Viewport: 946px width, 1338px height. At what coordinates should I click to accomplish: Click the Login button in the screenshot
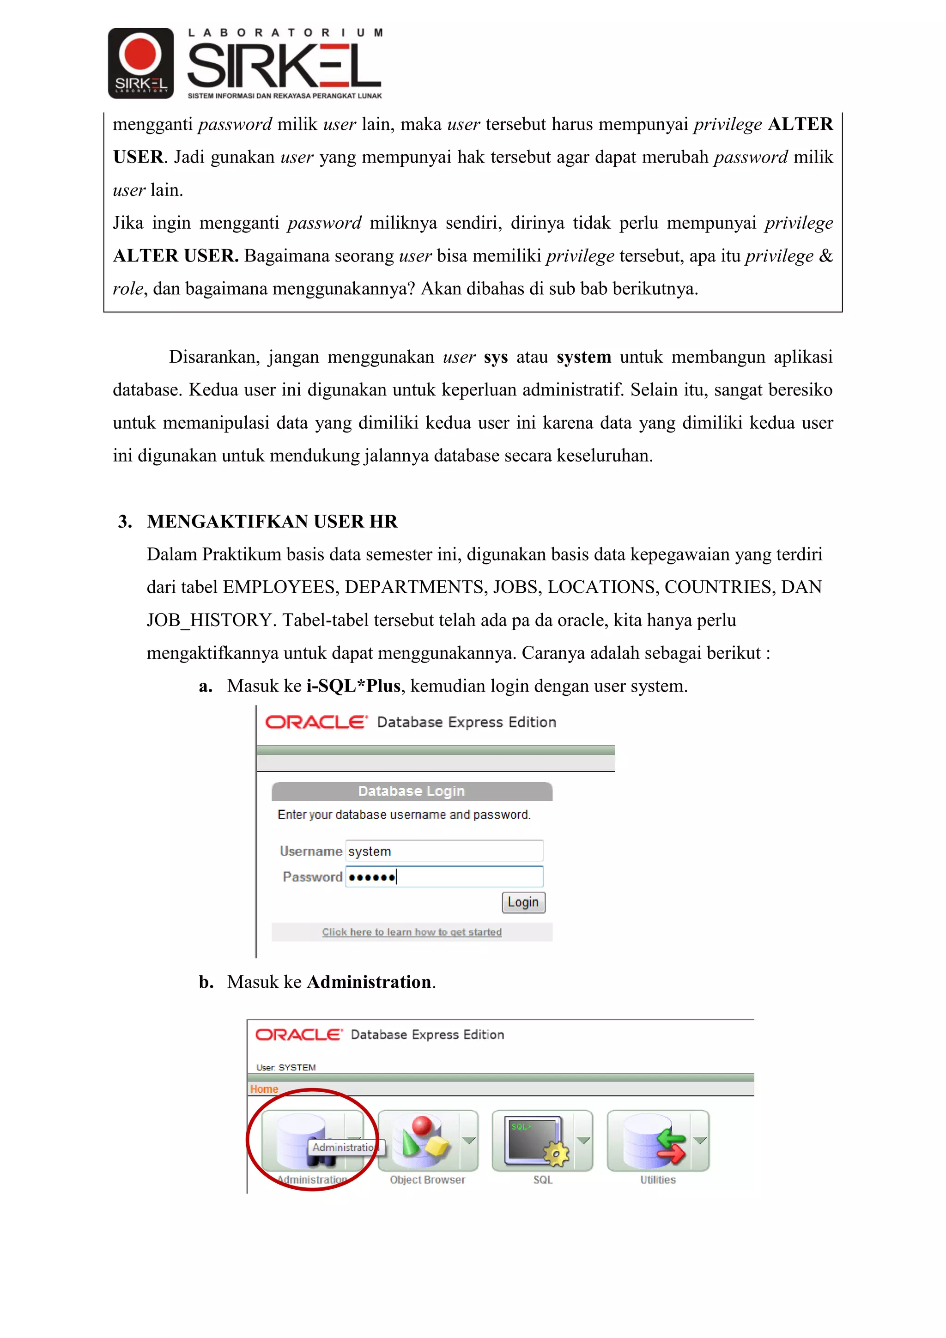[x=523, y=902]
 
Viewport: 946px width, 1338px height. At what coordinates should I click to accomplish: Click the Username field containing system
[x=444, y=851]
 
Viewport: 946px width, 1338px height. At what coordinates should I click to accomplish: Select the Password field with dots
[x=444, y=876]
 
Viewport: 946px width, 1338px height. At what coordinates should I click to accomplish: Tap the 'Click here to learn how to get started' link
[x=412, y=932]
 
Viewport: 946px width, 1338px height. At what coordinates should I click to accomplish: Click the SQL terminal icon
[x=535, y=1140]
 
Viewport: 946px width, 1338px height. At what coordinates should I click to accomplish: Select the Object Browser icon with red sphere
[x=421, y=1140]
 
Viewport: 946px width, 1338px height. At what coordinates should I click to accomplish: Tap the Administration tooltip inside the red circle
[x=344, y=1147]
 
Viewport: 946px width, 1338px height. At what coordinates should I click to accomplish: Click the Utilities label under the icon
[x=658, y=1180]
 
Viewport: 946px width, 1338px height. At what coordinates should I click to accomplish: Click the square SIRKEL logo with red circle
[x=140, y=63]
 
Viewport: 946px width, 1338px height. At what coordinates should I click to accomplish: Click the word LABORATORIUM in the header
[x=285, y=33]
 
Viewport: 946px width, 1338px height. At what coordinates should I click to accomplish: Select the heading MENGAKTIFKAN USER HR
[x=272, y=521]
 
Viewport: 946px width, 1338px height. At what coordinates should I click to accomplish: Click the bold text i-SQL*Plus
[x=353, y=686]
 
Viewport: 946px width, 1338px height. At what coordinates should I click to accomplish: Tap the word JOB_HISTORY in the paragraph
[x=209, y=620]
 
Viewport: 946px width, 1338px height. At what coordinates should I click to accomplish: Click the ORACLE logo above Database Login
[x=316, y=722]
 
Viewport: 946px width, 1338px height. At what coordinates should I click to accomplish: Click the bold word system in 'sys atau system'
[x=584, y=357]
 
